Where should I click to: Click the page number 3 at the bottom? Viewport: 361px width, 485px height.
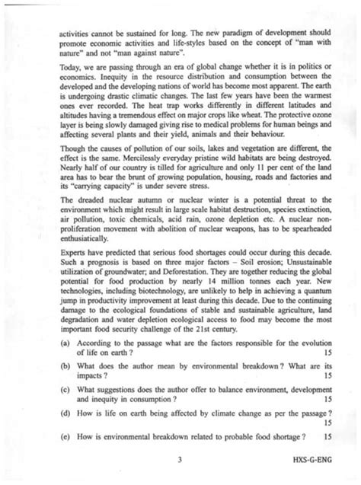[178, 459]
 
